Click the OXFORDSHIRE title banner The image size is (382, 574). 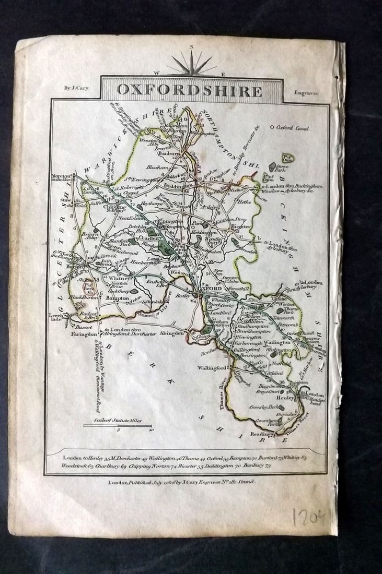[x=190, y=90]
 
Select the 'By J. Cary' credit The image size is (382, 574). [x=76, y=88]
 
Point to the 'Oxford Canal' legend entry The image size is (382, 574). [x=290, y=127]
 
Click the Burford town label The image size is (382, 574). [x=75, y=265]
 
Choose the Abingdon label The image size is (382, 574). [x=172, y=333]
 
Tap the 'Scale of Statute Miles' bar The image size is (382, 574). [x=118, y=425]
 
